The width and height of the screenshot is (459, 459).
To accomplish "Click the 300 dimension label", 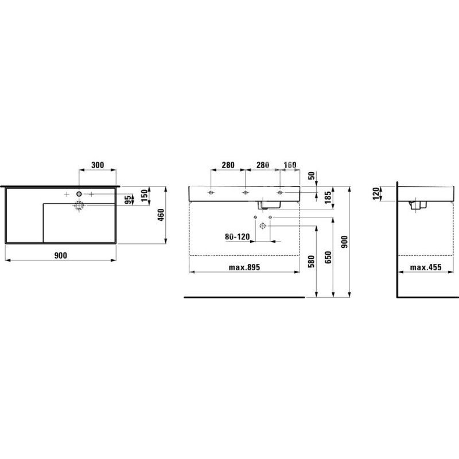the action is click(98, 165).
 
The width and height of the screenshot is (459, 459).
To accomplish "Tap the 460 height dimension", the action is click(161, 215).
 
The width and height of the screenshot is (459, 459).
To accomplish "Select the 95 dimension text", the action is click(128, 200).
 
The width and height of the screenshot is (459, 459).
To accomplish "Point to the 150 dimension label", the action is click(145, 195).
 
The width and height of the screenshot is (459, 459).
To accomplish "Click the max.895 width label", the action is click(244, 267).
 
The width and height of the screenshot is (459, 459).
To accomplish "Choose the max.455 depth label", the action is click(426, 267).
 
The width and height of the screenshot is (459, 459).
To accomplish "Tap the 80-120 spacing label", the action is click(238, 236).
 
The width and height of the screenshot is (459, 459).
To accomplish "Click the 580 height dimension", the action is click(311, 262).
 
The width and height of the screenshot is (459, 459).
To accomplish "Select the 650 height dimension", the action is click(328, 257).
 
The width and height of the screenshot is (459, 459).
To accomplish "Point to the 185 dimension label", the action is click(328, 197).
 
